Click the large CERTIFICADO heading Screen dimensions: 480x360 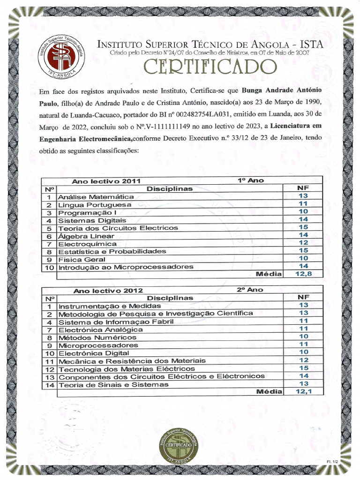tap(210, 67)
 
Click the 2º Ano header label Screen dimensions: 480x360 tap(250, 290)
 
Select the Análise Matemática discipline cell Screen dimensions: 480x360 tap(96, 197)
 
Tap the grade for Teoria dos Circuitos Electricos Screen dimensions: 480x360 tap(303, 227)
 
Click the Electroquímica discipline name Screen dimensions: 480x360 tap(87, 244)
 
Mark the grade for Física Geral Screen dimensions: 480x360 tap(303, 258)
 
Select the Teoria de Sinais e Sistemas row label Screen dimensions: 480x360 tap(113, 384)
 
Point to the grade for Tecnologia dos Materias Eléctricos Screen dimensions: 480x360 tap(303, 368)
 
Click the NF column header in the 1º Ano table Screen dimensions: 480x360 tap(303, 188)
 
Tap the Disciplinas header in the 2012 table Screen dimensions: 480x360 tap(170, 298)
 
